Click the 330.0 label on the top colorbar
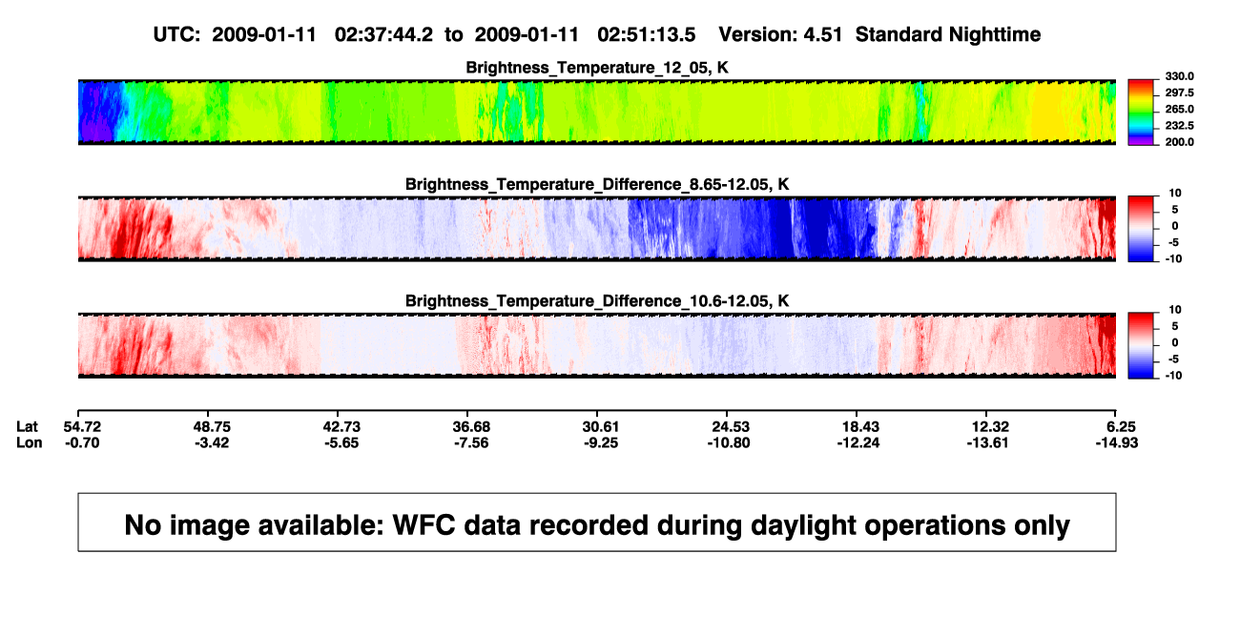tap(1179, 76)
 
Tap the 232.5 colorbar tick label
tap(1179, 126)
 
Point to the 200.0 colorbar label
tap(1179, 142)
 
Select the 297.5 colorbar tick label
tap(1179, 92)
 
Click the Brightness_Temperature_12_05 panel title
tap(597, 68)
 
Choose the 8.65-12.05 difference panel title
tap(597, 184)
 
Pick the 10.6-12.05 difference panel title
tap(597, 301)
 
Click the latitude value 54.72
tap(82, 427)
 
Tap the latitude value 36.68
tap(471, 427)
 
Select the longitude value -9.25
tap(601, 442)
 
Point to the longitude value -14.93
tap(1117, 442)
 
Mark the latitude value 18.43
tap(860, 427)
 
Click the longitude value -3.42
tap(212, 442)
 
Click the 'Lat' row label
tap(27, 427)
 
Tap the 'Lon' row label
tap(29, 442)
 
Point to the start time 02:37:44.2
tap(383, 34)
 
